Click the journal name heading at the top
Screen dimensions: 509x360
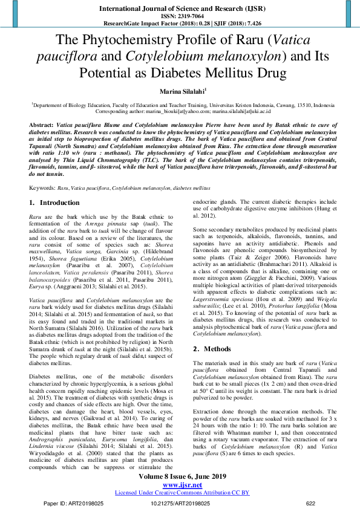click(x=180, y=10)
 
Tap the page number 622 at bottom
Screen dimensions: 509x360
click(x=311, y=502)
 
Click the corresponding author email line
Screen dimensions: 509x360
click(x=179, y=112)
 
